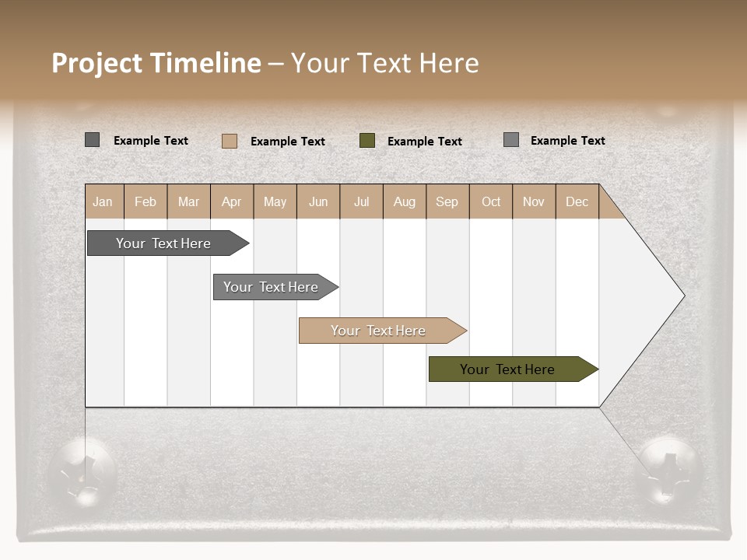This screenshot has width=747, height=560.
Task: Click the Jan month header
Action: pyautogui.click(x=103, y=201)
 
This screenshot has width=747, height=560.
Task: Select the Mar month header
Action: pyautogui.click(x=188, y=201)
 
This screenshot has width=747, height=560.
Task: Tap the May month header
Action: pyautogui.click(x=275, y=201)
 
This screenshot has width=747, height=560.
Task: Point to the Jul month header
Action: pyautogui.click(x=361, y=201)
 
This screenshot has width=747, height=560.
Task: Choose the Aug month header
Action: pyautogui.click(x=404, y=201)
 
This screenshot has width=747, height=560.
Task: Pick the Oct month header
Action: pyautogui.click(x=491, y=201)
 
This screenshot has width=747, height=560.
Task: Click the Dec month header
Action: pyautogui.click(x=577, y=201)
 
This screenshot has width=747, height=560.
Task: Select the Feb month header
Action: pyautogui.click(x=146, y=201)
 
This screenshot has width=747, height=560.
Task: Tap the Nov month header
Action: pyautogui.click(x=533, y=201)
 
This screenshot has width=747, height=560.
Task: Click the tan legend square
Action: pyautogui.click(x=230, y=141)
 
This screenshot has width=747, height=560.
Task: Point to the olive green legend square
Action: pyautogui.click(x=367, y=141)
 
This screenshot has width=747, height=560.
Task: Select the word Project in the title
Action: pyautogui.click(x=96, y=63)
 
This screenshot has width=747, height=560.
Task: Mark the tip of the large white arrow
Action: pyautogui.click(x=683, y=296)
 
